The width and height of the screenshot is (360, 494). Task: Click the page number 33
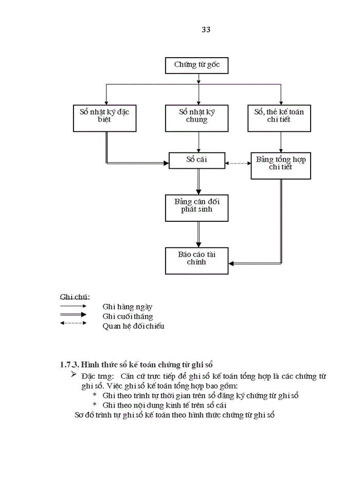[x=206, y=29]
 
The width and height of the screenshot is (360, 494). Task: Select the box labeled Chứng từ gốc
[x=196, y=66]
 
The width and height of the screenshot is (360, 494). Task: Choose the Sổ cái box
[x=196, y=161]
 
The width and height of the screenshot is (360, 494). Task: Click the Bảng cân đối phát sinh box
[x=196, y=206]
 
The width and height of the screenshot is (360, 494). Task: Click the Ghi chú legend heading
[x=75, y=297]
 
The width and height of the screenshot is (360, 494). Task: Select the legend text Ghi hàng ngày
[x=127, y=307]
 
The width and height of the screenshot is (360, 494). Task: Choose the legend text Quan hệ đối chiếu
[x=133, y=326]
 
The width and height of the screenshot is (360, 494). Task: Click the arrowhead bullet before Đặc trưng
[x=74, y=375]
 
